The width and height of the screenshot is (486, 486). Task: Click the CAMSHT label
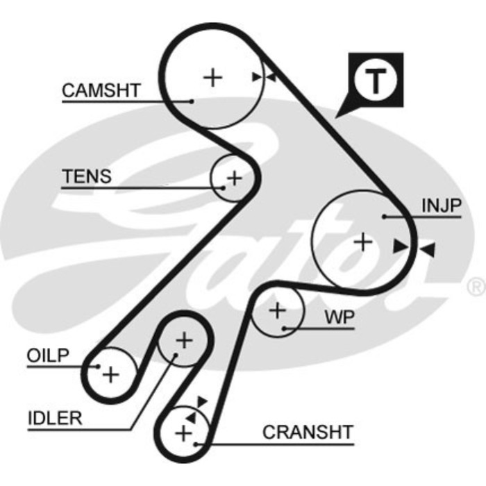101,91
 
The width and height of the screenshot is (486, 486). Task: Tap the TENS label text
86,176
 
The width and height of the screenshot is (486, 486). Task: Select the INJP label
440,206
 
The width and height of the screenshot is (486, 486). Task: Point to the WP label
340,318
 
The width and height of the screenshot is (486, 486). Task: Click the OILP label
48,355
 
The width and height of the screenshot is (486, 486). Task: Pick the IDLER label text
55,418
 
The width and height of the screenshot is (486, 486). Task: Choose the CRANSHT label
308,432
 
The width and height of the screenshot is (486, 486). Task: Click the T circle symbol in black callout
375,82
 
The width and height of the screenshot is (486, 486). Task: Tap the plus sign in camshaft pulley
212,76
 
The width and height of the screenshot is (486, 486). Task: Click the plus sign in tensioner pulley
235,178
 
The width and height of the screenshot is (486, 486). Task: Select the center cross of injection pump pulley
362,242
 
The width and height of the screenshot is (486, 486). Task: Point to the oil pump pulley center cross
111,374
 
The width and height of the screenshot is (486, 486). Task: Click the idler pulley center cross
184,340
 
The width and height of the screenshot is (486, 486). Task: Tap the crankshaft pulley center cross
183,434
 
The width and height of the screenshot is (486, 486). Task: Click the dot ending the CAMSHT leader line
191,101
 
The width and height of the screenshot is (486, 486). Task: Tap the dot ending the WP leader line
285,328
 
